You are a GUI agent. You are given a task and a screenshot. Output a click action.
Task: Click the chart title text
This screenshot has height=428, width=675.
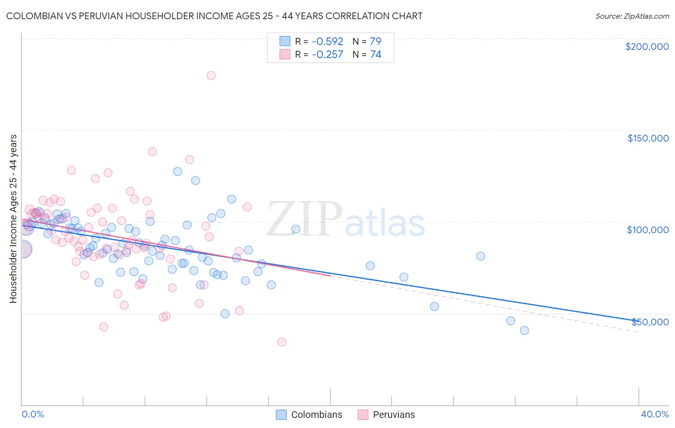pyautogui.click(x=214, y=16)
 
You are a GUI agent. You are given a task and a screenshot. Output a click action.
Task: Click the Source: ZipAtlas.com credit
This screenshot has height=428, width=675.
pyautogui.click(x=632, y=16)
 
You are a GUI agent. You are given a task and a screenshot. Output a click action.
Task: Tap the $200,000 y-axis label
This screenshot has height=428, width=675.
pyautogui.click(x=647, y=47)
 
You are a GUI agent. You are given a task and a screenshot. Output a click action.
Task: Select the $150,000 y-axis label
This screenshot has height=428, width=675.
pyautogui.click(x=648, y=138)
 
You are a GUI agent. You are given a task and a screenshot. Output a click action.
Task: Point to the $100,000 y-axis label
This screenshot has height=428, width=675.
pyautogui.click(x=648, y=230)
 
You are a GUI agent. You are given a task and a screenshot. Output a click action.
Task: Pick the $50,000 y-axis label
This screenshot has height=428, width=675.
pyautogui.click(x=650, y=321)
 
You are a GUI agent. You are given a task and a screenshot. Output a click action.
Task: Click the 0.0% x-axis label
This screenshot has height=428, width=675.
pyautogui.click(x=33, y=414)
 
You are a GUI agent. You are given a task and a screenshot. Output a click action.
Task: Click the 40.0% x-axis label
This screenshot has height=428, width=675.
pyautogui.click(x=655, y=414)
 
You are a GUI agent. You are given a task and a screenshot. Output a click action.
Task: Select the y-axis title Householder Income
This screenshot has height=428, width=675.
pyautogui.click(x=13, y=219)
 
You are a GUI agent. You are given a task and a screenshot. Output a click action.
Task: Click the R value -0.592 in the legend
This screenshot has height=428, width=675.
pyautogui.click(x=327, y=41)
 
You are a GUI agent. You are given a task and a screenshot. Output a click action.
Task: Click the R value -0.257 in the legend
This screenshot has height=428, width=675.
pyautogui.click(x=327, y=54)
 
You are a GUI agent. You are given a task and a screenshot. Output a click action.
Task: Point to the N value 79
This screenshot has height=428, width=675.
pyautogui.click(x=375, y=41)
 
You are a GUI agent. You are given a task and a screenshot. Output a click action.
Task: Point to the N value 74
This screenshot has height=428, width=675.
pyautogui.click(x=375, y=54)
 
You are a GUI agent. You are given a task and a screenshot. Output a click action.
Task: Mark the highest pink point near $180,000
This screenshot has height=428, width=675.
pyautogui.click(x=211, y=75)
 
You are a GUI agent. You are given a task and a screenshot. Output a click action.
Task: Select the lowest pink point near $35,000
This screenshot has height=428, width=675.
pyautogui.click(x=282, y=342)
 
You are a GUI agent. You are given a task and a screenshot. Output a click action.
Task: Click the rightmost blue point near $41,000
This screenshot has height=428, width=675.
pyautogui.click(x=524, y=330)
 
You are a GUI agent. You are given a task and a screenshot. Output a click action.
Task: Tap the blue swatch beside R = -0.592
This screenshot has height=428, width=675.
pyautogui.click(x=285, y=41)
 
